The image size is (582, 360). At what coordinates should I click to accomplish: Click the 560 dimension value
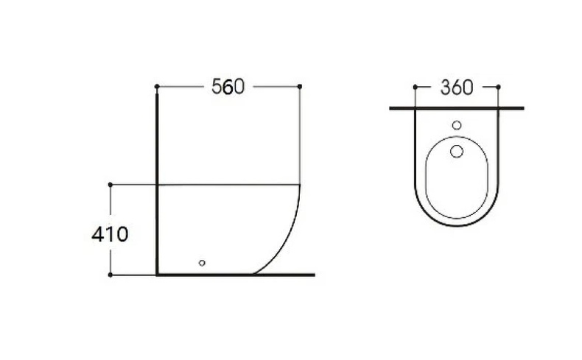coord(227,87)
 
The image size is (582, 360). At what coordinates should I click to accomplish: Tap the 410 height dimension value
coord(110,235)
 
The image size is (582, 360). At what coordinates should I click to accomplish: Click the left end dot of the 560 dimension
coord(157,87)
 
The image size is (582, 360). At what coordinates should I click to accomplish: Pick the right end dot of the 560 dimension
coord(300,87)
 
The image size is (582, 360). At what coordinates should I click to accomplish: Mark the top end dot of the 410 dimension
coord(110,184)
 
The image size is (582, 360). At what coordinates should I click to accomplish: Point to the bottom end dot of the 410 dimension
coord(110,275)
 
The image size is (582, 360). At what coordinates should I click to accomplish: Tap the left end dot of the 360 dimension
coord(415,87)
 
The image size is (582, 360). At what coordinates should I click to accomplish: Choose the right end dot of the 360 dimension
coord(498,87)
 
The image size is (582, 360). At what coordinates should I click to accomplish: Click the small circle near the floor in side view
coord(202,262)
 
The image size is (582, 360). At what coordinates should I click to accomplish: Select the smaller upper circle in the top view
coord(456,125)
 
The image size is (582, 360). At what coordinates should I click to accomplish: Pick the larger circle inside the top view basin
coord(456,151)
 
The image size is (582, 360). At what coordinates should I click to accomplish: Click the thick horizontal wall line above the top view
coord(456,108)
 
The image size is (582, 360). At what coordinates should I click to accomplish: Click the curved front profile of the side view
coord(289,236)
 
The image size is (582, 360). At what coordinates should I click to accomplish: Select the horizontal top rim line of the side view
coord(228,184)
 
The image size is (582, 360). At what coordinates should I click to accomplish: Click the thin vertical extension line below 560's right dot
coord(300,136)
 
